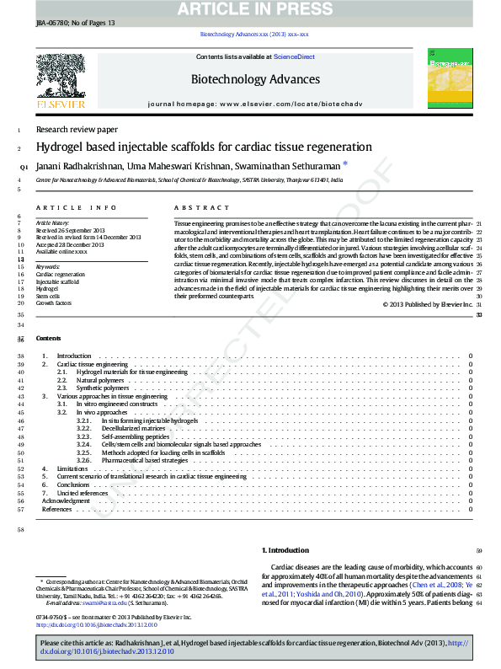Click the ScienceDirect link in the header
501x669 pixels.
294,56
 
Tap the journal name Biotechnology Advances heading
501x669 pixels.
256,80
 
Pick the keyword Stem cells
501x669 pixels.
47,296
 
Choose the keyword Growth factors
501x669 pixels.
53,303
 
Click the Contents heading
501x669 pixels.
48,338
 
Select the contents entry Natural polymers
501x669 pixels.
100,380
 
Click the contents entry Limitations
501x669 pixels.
72,468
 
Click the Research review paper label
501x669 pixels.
77,130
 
